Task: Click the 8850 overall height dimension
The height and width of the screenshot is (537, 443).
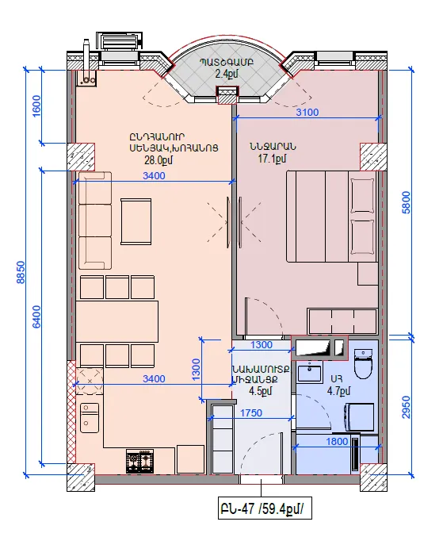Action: coord(21,272)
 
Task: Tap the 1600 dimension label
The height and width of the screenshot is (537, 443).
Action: coord(36,105)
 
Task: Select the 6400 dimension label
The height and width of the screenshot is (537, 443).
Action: coord(36,316)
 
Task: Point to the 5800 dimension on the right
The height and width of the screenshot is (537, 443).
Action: coord(406,202)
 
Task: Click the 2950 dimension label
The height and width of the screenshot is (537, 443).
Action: coord(406,407)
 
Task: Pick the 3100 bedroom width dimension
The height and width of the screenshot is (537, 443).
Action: coord(307,112)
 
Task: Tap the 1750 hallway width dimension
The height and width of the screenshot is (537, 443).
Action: coord(251,413)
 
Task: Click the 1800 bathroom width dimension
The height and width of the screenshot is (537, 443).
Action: coord(337,442)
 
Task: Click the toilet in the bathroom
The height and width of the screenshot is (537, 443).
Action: coord(363,364)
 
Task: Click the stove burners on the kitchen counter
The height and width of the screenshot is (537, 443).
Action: coord(139,462)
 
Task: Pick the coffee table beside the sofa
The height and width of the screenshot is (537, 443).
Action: coord(136,221)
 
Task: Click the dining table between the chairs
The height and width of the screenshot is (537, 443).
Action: coord(117,321)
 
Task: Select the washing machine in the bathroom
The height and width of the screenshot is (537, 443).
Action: coord(359,416)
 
